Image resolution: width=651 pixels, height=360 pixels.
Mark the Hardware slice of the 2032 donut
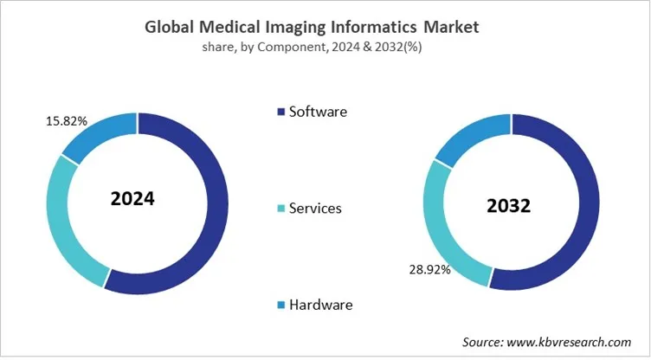click(471, 138)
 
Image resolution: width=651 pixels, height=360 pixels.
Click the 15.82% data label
click(66, 121)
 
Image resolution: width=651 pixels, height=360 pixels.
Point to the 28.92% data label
click(429, 270)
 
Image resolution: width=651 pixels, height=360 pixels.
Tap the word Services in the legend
click(316, 209)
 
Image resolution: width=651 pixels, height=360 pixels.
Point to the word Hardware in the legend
click(321, 305)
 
